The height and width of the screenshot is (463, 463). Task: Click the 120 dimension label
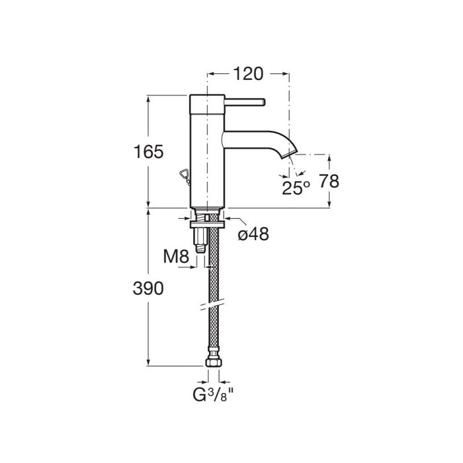pyautogui.click(x=248, y=74)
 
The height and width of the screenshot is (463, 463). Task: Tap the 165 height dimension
pyautogui.click(x=149, y=151)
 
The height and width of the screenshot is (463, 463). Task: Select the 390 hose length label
pyautogui.click(x=148, y=288)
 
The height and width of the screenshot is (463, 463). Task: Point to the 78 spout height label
pyautogui.click(x=329, y=181)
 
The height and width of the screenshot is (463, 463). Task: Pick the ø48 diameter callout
pyautogui.click(x=253, y=234)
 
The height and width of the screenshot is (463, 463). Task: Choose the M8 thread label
pyautogui.click(x=176, y=257)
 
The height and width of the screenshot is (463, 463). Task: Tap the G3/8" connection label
pyautogui.click(x=213, y=395)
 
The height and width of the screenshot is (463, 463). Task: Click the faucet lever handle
pyautogui.click(x=245, y=102)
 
